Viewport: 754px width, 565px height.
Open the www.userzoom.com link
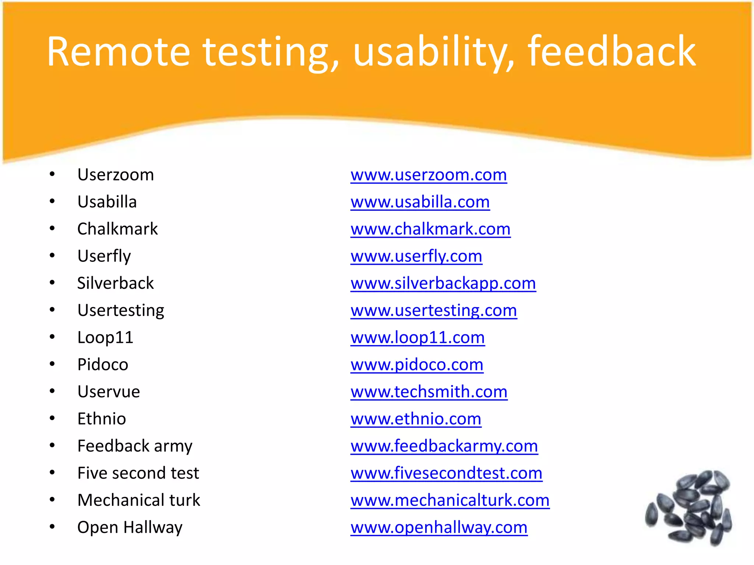[429, 175]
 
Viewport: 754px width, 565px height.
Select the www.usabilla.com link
[420, 202]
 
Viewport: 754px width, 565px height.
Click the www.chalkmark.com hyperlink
[430, 229]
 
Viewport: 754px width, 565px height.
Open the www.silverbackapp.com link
[443, 283]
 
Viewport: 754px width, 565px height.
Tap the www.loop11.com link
[417, 338]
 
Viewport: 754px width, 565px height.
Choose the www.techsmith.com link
[429, 392]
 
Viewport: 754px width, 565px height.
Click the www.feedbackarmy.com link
[444, 446]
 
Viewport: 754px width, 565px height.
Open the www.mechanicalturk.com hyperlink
[450, 500]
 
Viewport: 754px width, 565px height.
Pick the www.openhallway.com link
[439, 527]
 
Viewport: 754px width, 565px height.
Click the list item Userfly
[104, 256]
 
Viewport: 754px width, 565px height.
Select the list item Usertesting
[121, 310]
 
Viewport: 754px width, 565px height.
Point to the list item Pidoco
[103, 365]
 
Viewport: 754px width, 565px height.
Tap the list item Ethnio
[102, 419]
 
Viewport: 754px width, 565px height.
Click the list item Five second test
[138, 473]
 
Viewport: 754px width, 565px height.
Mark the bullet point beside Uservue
[52, 391]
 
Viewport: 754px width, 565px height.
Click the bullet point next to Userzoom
[52, 174]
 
